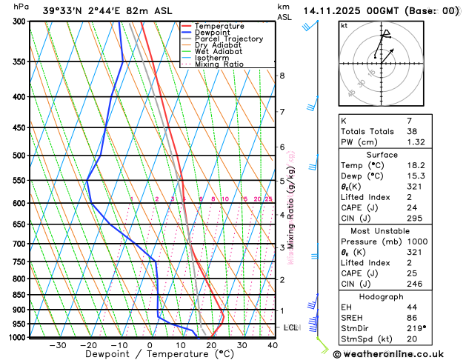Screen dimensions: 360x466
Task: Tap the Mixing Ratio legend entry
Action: [219, 64]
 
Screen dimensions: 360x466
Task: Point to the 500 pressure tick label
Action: [20, 156]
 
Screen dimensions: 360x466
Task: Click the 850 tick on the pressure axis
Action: [20, 295]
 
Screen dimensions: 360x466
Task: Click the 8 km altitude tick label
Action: [282, 76]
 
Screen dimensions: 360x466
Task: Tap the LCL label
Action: [290, 327]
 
